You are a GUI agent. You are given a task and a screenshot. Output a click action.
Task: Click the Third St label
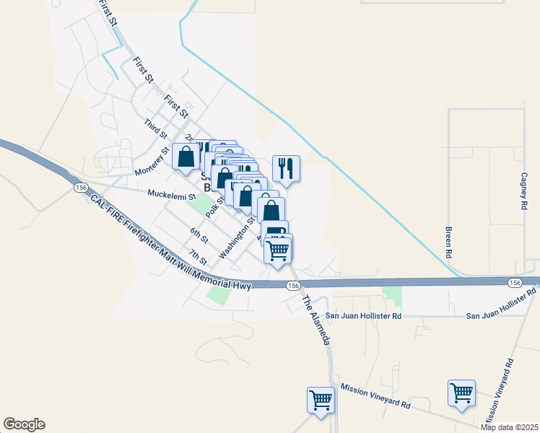pos(156,129)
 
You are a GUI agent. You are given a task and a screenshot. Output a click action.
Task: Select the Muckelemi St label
pos(172,194)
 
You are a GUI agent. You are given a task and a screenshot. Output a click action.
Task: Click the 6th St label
pos(199,235)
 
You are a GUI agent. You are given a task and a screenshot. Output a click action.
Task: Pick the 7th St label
pos(198,257)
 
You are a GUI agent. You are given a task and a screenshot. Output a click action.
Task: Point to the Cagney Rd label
pos(525,191)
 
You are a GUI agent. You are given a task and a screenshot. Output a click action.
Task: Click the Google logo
pos(24,424)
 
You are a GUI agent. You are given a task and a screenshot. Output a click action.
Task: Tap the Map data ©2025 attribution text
pos(510,427)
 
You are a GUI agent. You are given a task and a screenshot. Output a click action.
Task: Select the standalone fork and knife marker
pos(286,169)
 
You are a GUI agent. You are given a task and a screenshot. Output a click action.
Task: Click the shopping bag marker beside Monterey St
pos(186,157)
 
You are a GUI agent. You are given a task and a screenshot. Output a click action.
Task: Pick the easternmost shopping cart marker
pos(461,393)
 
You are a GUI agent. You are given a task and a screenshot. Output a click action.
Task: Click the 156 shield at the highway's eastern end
pos(514,282)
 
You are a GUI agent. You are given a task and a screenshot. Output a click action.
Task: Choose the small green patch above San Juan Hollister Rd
pos(391,294)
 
